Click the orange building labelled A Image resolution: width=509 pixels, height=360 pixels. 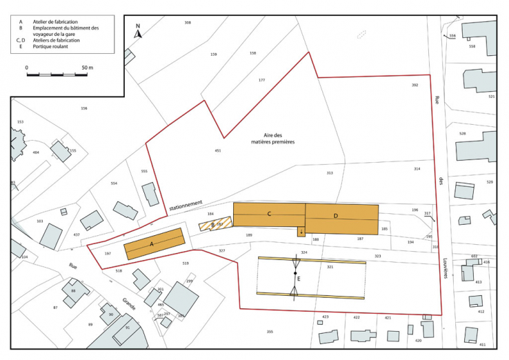pos(154,244)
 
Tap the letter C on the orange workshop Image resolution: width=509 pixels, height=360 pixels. pos(268,214)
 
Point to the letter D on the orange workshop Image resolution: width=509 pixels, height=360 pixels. pos(336,216)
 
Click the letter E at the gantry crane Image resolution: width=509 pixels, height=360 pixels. pos(299,279)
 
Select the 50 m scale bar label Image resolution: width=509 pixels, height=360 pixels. pos(87,68)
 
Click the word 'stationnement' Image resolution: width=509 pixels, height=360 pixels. pos(186,205)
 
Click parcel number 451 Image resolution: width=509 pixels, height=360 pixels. pos(218,150)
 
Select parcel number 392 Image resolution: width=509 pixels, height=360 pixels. pos(415,85)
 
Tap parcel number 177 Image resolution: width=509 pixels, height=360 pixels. pos(261,81)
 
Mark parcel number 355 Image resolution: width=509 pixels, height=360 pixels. pos(270,332)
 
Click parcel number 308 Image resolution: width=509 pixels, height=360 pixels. pos(188,23)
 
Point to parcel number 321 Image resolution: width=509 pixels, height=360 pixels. pos(330,267)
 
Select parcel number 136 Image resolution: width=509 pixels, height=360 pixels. pos(84,108)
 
